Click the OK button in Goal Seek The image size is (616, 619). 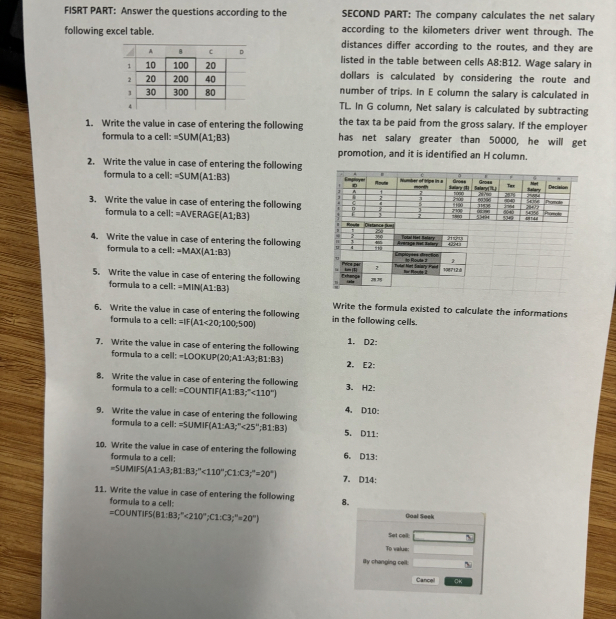[x=458, y=581]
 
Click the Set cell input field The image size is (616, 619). [x=444, y=536]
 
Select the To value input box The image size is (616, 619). [x=444, y=549]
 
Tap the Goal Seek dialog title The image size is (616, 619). [x=420, y=516]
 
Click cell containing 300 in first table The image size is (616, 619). [x=181, y=93]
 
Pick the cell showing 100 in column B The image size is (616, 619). [x=181, y=65]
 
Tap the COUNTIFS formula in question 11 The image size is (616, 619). [x=183, y=519]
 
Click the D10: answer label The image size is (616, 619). [x=370, y=411]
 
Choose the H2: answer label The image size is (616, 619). [x=368, y=388]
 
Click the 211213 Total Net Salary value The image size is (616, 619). [x=454, y=239]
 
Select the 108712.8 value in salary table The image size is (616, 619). [x=452, y=270]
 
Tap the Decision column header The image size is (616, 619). [x=558, y=187]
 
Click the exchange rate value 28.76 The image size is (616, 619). [x=377, y=280]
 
